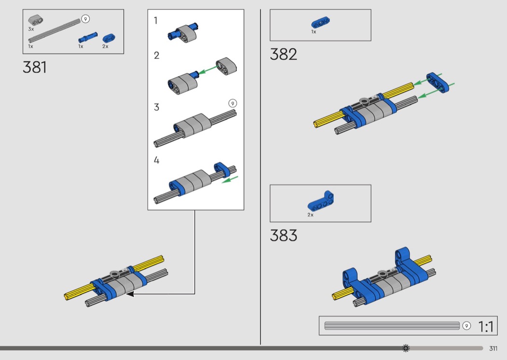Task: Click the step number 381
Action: click(x=35, y=68)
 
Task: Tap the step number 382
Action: click(x=283, y=55)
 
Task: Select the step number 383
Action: click(x=283, y=235)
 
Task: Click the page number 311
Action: click(x=493, y=348)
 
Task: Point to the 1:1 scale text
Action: click(x=486, y=327)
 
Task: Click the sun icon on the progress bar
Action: click(x=406, y=348)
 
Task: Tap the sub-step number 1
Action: click(x=156, y=21)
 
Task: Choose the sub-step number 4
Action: click(x=156, y=160)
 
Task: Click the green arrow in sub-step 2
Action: click(x=207, y=70)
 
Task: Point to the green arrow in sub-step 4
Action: click(x=230, y=180)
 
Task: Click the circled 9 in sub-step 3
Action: click(x=232, y=103)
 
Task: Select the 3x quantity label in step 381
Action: click(x=31, y=29)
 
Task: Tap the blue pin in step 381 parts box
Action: click(x=87, y=38)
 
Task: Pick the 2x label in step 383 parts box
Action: click(x=310, y=215)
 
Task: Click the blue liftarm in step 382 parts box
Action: click(x=321, y=23)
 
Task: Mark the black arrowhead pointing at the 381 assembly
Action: click(x=130, y=294)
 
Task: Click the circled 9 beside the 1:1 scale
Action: click(x=466, y=326)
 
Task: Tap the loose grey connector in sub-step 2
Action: click(x=226, y=67)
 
